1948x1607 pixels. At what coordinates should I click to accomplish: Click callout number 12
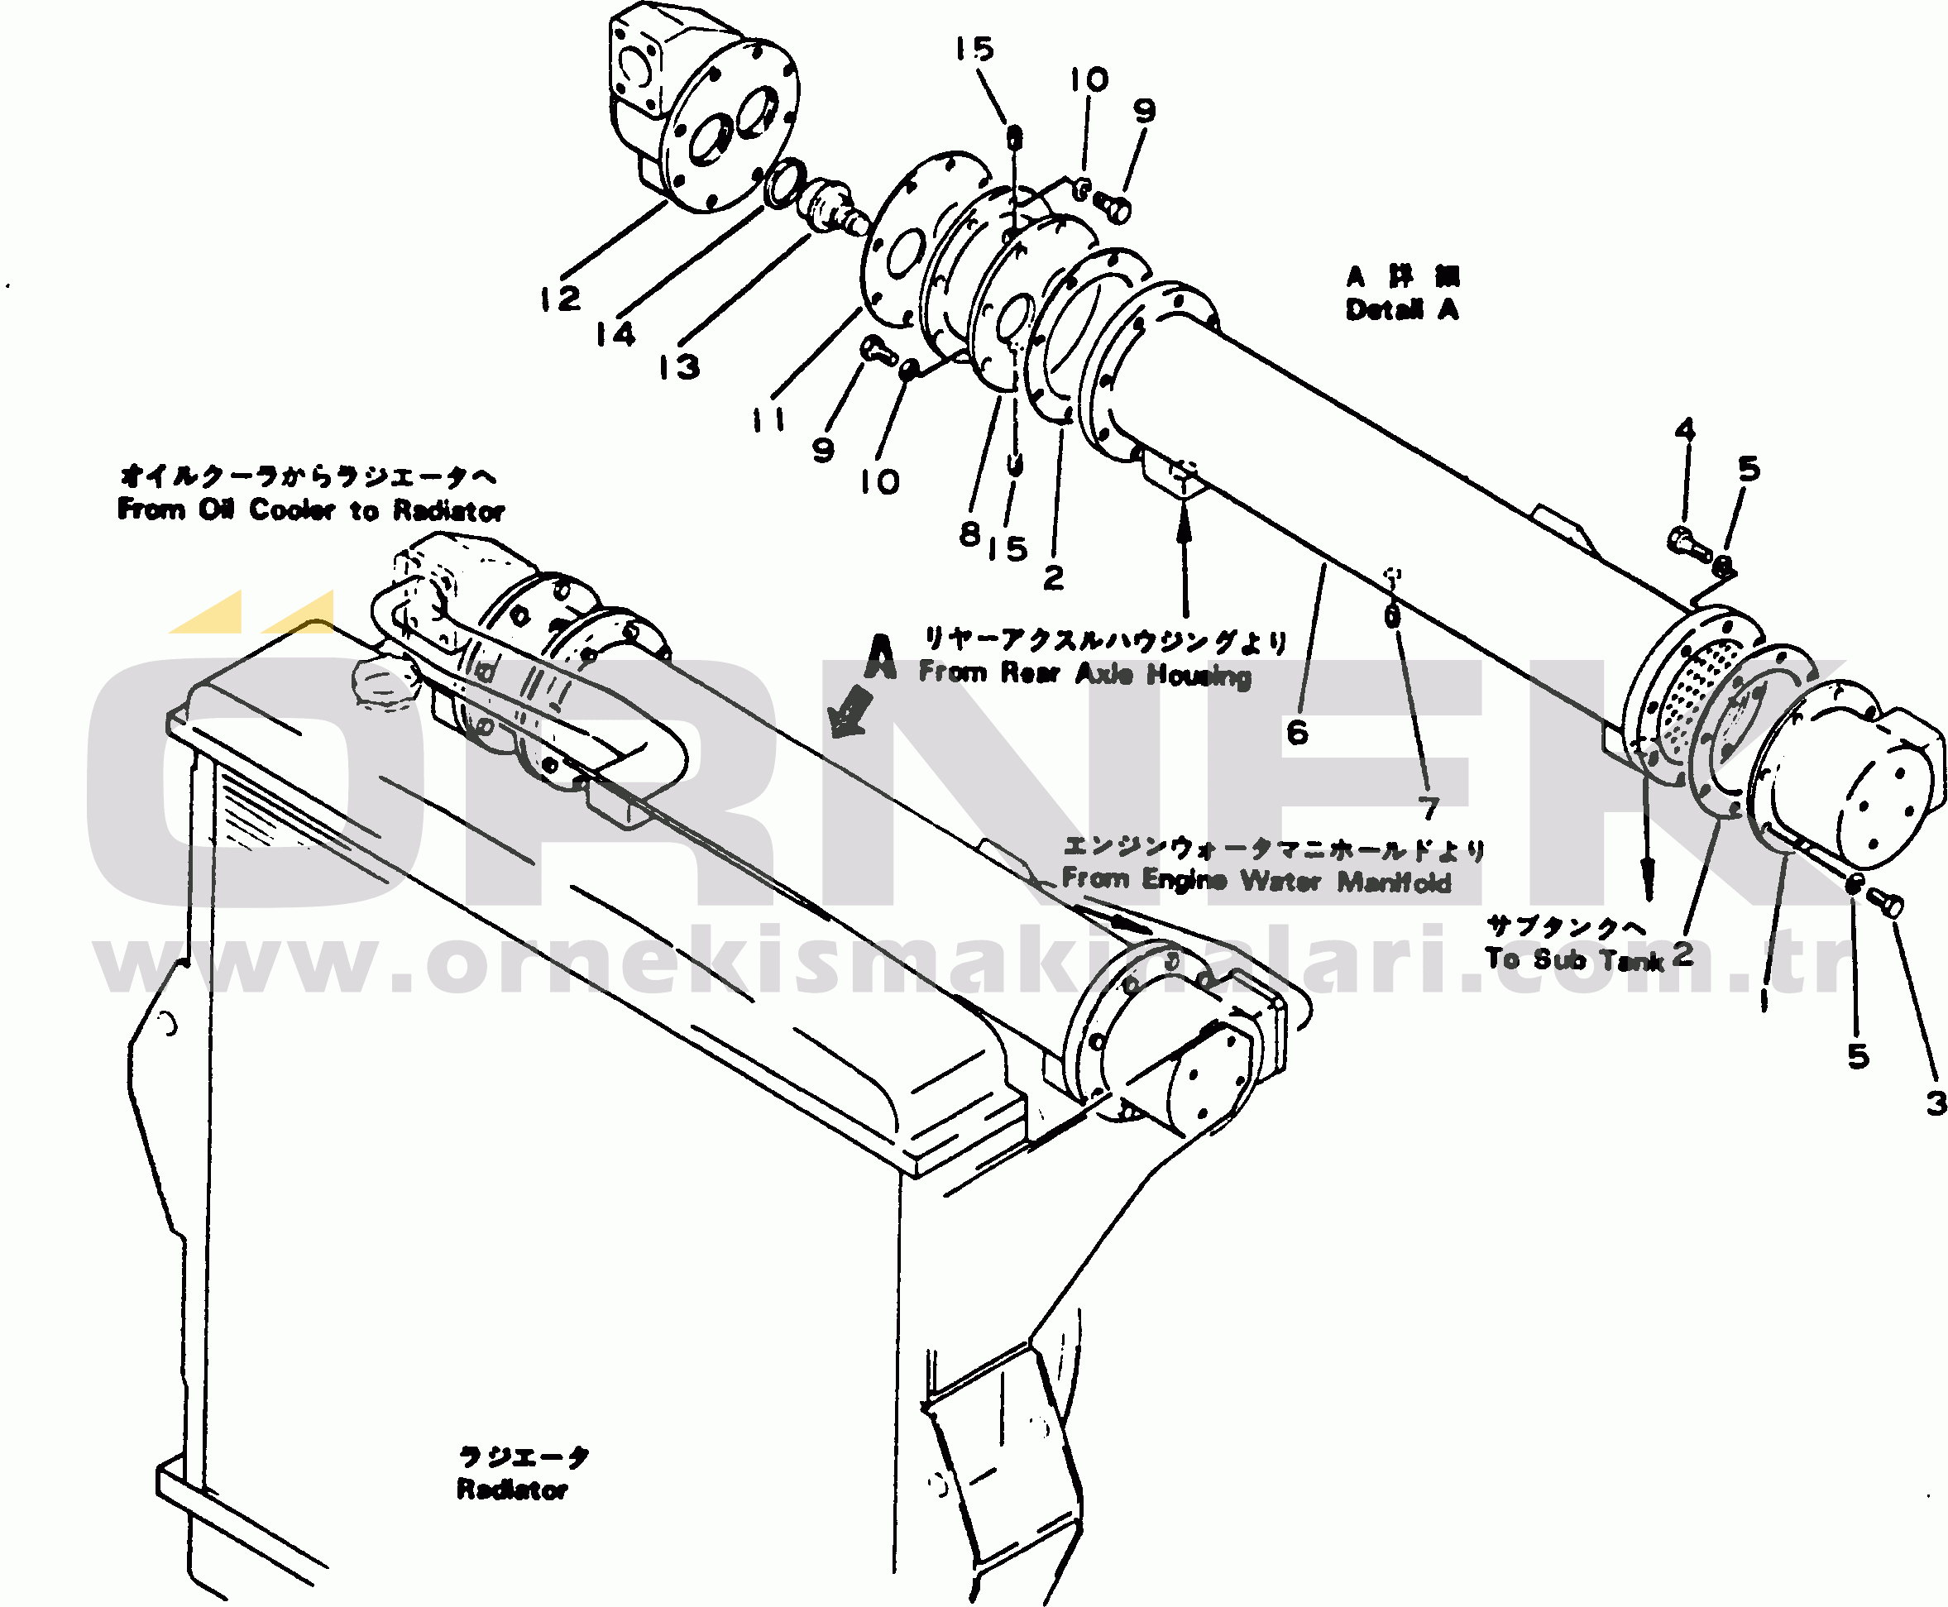[x=560, y=299]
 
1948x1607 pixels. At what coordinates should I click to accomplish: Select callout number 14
[x=615, y=333]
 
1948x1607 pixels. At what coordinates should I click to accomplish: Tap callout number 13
[x=678, y=366]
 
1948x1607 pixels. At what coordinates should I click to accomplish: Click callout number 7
[x=1429, y=808]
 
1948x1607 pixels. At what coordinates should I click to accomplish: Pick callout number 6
[x=1297, y=732]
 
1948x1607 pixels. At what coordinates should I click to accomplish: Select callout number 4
[x=1685, y=429]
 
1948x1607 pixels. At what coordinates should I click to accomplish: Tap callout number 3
[x=1936, y=1102]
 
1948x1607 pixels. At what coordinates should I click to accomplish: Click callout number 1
[x=1763, y=1000]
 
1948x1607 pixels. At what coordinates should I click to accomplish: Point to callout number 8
[x=969, y=533]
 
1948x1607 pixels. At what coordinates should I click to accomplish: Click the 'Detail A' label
[x=1402, y=309]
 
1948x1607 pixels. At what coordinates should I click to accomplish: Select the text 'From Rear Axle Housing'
[x=1084, y=673]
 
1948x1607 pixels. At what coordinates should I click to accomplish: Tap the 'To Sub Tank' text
[x=1573, y=959]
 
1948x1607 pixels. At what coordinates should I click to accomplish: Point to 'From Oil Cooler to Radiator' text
[x=311, y=509]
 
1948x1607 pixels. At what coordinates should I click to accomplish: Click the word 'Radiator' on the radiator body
[x=512, y=1490]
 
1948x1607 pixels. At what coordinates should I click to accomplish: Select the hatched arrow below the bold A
[x=851, y=713]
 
